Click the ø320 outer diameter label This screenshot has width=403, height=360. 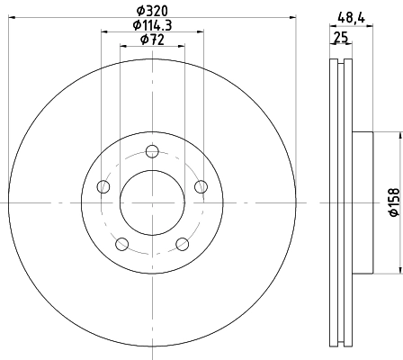coord(152,11)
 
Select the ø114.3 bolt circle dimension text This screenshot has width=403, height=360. coord(152,25)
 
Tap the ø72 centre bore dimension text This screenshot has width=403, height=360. coord(152,40)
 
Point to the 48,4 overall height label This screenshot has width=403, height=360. coord(351,19)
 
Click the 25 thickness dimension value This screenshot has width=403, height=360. coord(341,38)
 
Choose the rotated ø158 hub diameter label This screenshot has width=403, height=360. coord(394,202)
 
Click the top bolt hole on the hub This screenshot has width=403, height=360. coord(152,151)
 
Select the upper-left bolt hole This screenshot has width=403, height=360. coord(103,187)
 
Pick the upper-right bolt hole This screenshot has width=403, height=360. coord(201,187)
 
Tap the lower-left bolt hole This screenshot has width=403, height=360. coord(122,244)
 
